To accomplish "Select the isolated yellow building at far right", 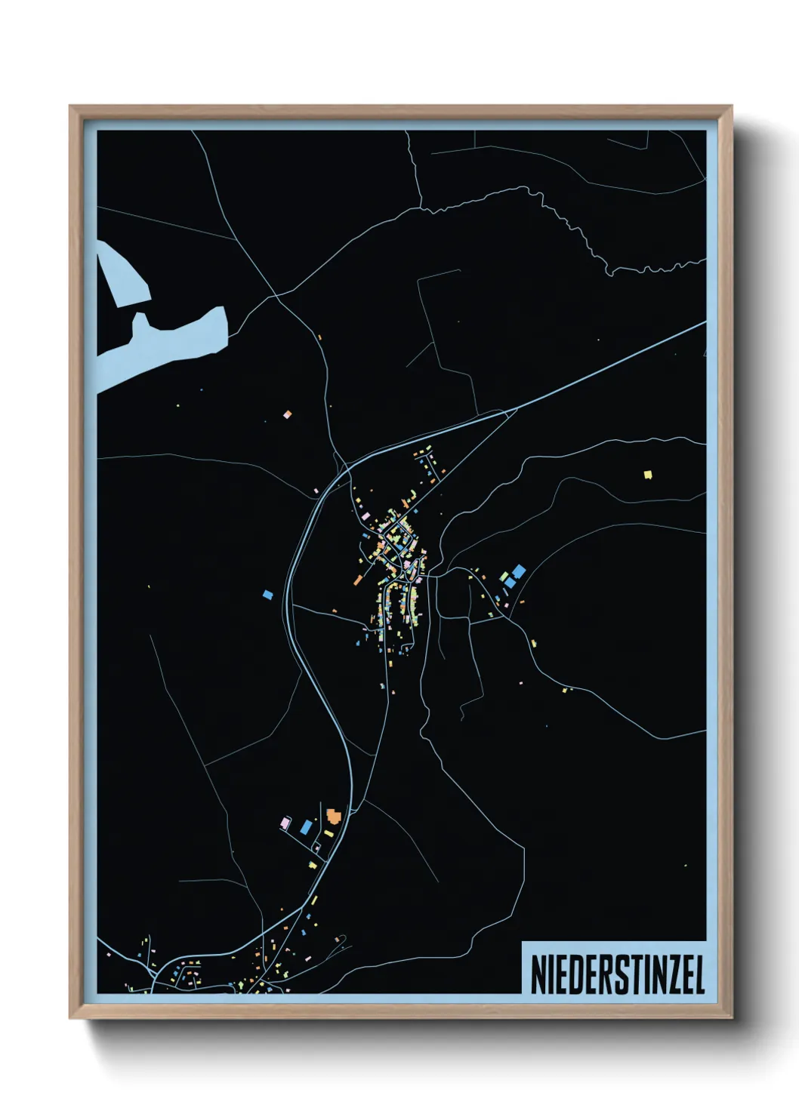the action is click(x=647, y=474).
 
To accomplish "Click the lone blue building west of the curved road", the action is click(x=267, y=594).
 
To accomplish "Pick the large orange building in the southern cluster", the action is click(x=333, y=816).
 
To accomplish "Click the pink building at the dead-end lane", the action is click(x=285, y=822).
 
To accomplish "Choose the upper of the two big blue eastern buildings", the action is click(x=519, y=571).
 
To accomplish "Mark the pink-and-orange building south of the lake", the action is click(x=287, y=414).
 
